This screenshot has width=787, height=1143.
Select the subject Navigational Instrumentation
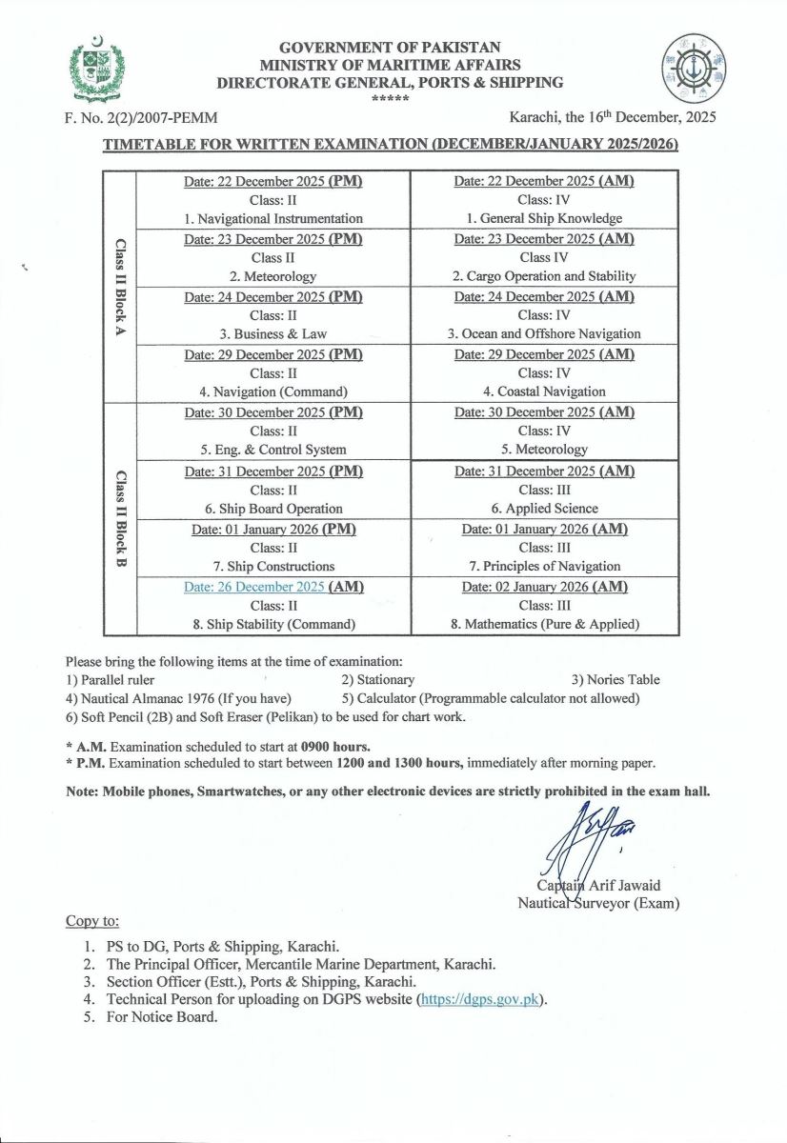274,218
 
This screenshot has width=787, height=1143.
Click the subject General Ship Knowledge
544,218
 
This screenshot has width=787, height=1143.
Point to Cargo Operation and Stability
544,276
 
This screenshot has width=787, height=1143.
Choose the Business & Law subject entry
274,334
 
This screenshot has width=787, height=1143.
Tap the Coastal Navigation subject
544,391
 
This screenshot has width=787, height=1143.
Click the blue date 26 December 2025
253,587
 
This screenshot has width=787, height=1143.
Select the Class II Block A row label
120,287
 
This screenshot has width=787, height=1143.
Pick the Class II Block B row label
120,519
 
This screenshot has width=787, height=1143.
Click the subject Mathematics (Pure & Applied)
544,625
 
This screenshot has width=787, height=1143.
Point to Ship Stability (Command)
274,625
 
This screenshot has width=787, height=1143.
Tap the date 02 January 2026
524,587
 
